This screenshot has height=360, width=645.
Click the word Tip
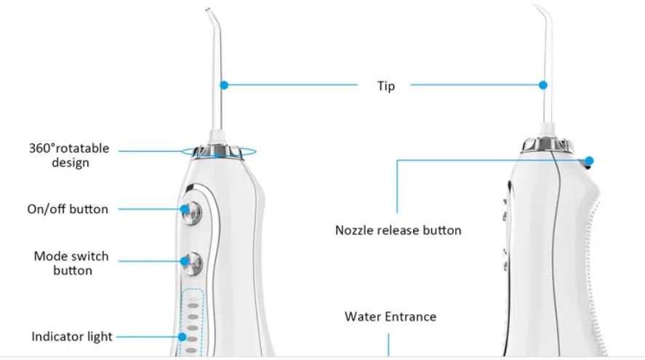tap(385, 86)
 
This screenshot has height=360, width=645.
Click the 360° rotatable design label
tap(69, 156)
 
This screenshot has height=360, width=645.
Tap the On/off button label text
tap(68, 209)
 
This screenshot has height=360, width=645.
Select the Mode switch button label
tap(71, 263)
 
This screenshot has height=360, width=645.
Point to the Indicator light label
tap(71, 337)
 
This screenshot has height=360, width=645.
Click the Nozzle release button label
tap(398, 231)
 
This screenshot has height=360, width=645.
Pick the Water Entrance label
tap(390, 317)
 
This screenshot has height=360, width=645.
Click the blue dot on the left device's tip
tap(224, 85)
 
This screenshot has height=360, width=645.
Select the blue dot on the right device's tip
tap(542, 85)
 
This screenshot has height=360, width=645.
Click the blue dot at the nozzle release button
tap(589, 161)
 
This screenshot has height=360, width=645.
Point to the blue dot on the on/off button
tap(184, 209)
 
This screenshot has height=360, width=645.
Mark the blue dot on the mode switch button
tap(184, 260)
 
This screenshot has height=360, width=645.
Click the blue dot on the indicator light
tap(183, 337)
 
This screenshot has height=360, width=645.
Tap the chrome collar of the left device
tap(219, 149)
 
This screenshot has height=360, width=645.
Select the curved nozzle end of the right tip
tap(538, 11)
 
